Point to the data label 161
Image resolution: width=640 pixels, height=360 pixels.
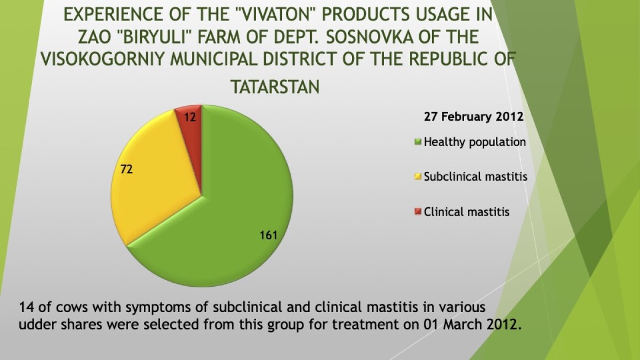269,235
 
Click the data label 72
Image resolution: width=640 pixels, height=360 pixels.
126,169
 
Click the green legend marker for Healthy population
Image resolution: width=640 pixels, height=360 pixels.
418,142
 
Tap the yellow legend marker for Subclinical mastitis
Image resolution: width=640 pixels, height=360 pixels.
418,176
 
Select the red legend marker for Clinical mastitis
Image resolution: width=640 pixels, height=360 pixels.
418,212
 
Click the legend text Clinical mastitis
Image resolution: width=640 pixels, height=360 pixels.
467,212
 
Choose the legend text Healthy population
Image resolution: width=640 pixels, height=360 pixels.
474,142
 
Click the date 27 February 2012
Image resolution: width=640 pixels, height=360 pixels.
473,117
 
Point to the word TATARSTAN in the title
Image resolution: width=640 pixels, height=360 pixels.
275,87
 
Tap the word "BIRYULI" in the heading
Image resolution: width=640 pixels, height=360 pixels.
154,37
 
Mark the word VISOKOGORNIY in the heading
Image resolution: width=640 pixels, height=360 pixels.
103,59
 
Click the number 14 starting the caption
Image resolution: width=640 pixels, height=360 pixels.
25,307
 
